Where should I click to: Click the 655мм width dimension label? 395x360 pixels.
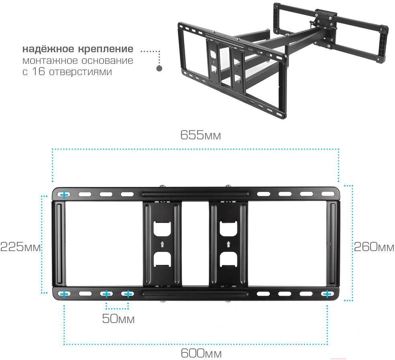click(x=201, y=135)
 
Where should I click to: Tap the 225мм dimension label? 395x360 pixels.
click(x=20, y=247)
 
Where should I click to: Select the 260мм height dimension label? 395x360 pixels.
click(x=374, y=247)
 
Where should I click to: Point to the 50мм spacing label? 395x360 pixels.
click(x=118, y=319)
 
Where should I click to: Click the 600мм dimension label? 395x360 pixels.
click(x=201, y=353)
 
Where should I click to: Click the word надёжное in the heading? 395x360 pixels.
click(x=48, y=49)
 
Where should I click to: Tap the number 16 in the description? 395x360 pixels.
click(x=38, y=72)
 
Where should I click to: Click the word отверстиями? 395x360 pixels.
click(x=81, y=72)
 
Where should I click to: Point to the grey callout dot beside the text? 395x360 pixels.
click(x=159, y=68)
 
